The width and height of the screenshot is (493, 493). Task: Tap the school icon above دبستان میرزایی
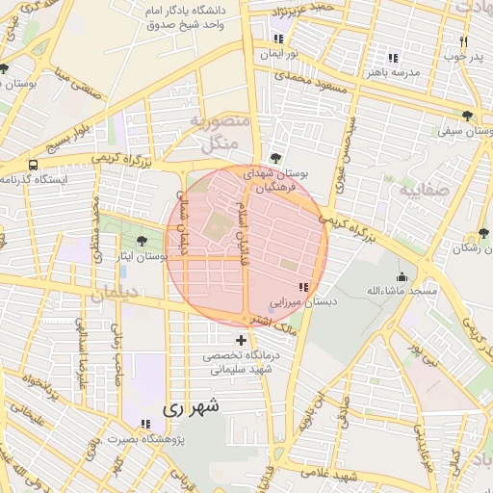pos(304,287)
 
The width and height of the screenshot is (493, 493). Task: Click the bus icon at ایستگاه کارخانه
pos(34,165)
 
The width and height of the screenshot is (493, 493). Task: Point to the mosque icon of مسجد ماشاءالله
pos(401,276)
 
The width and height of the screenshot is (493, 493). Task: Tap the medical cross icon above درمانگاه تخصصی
pos(241,340)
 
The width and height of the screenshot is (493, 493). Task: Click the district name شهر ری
pos(191,407)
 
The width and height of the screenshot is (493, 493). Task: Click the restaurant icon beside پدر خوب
pos(463,41)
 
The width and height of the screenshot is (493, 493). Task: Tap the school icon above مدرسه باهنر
pos(390,57)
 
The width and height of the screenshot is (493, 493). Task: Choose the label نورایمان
pos(278,54)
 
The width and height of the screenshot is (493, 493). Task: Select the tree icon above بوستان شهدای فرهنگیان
pos(276,157)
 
